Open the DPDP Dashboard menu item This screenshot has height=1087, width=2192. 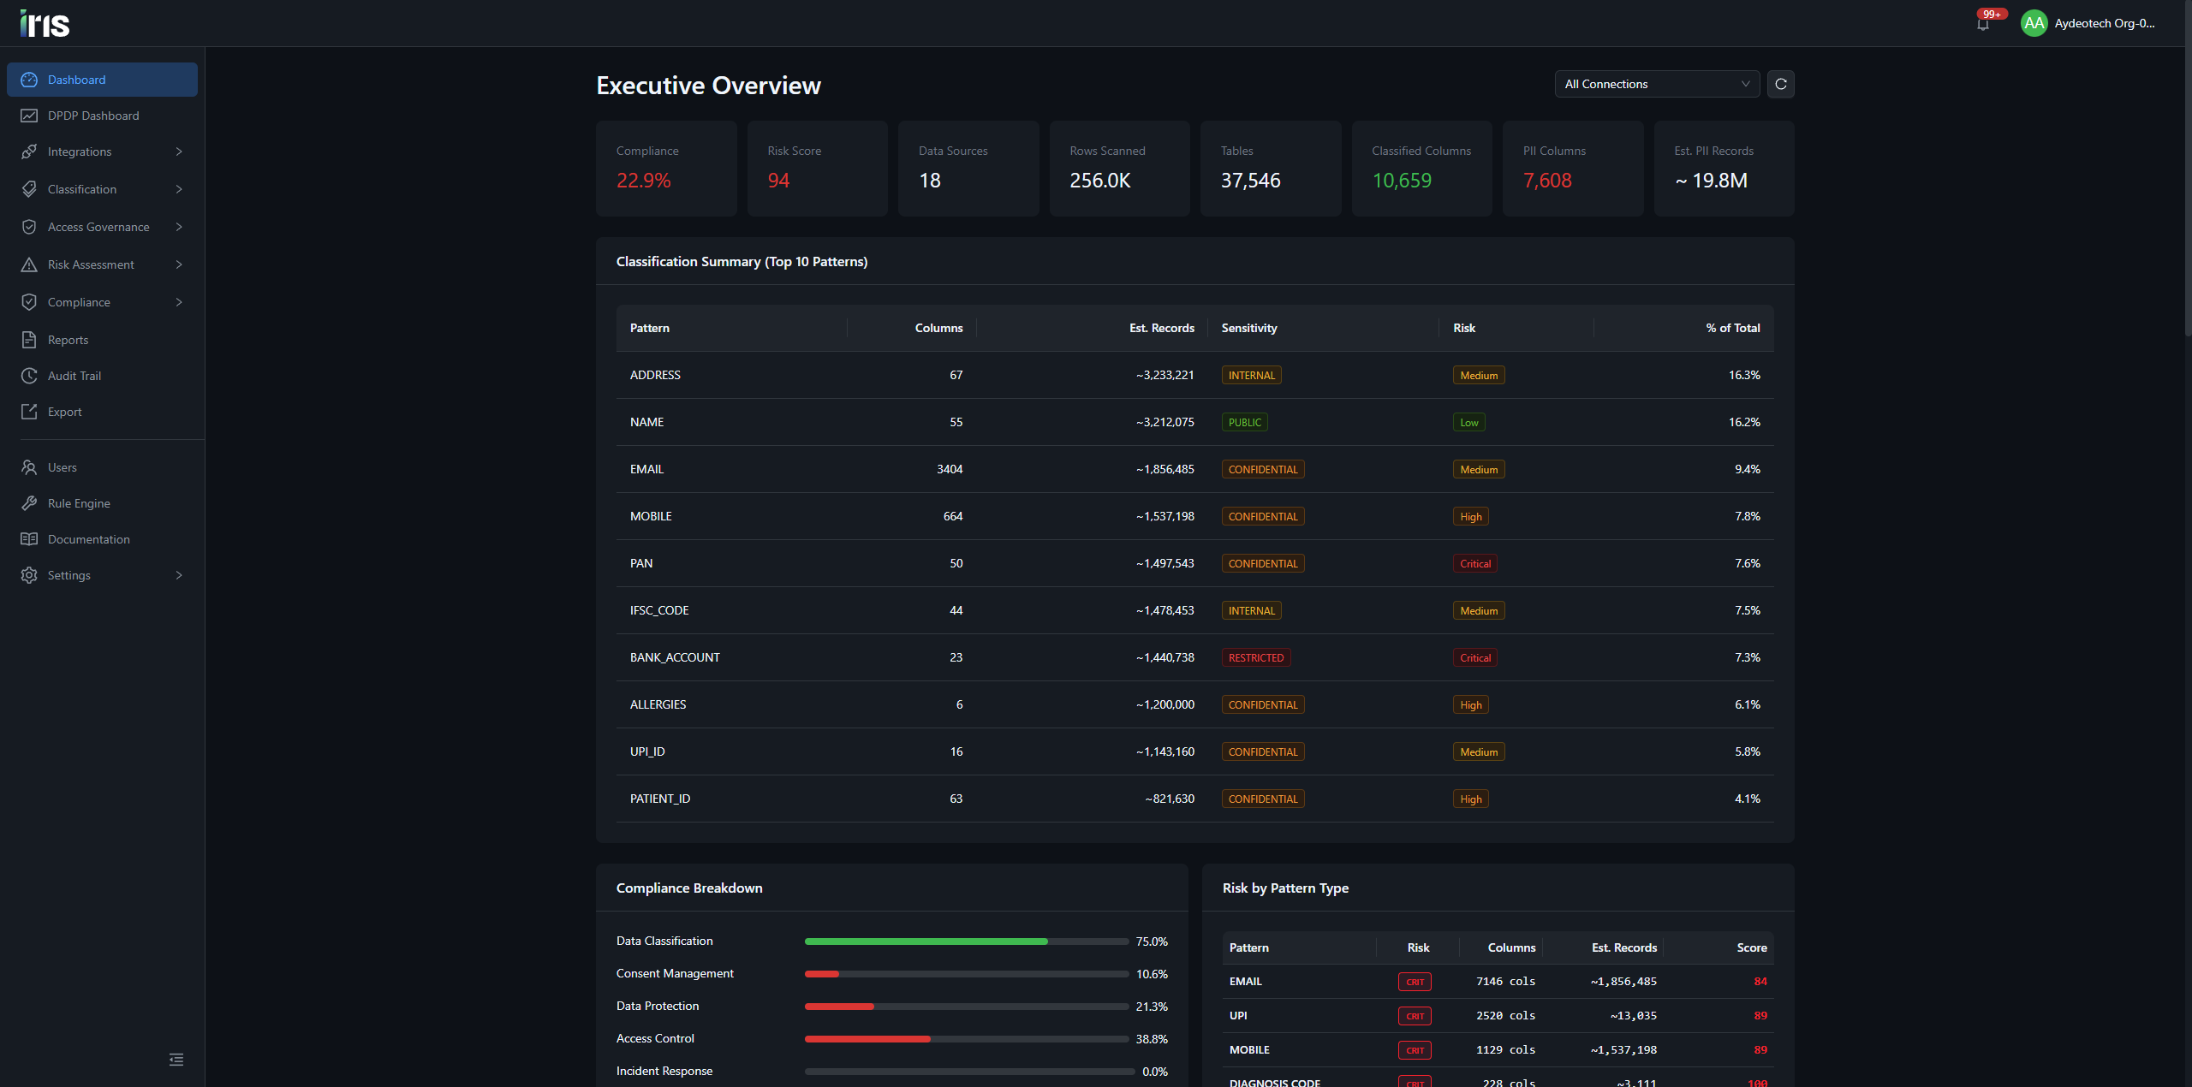click(x=93, y=116)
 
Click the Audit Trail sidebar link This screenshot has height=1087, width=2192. click(x=74, y=376)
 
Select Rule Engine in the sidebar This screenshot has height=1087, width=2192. click(x=79, y=503)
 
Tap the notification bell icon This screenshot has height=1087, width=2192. click(x=1983, y=23)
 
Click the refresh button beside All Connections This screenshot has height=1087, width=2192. click(x=1781, y=84)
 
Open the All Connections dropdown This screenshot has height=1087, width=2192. click(x=1657, y=84)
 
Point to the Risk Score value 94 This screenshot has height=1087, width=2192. click(x=778, y=181)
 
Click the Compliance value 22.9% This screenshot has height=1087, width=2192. click(x=644, y=181)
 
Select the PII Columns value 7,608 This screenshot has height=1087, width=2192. click(x=1547, y=181)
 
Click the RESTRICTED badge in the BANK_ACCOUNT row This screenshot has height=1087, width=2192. click(x=1256, y=657)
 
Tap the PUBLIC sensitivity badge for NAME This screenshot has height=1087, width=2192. click(x=1245, y=422)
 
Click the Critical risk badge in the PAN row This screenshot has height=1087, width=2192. click(x=1475, y=563)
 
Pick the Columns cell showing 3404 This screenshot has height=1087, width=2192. click(x=950, y=469)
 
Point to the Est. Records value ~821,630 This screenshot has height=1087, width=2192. click(x=1170, y=799)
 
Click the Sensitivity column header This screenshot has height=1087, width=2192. click(x=1249, y=328)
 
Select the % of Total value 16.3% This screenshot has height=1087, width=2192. click(x=1744, y=375)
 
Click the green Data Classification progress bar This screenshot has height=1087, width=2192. click(x=926, y=941)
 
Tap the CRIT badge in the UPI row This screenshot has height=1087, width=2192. click(x=1415, y=1016)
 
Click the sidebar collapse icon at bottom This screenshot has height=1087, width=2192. click(x=176, y=1060)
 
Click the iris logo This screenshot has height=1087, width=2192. click(x=45, y=23)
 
